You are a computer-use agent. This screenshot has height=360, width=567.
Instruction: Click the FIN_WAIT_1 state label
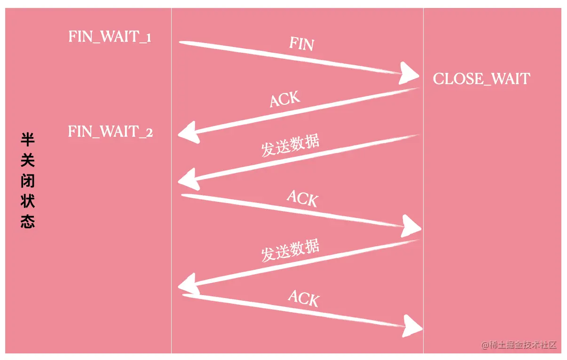110,37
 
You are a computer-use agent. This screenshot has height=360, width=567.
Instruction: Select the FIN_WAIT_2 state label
110,131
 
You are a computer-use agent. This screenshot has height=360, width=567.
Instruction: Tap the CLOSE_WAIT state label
481,78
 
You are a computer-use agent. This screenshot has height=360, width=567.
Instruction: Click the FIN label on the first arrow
301,44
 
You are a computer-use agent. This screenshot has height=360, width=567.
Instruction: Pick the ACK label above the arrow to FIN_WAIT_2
285,100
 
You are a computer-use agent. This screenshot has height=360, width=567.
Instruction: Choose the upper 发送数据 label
290,146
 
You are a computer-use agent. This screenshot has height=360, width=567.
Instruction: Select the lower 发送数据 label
290,250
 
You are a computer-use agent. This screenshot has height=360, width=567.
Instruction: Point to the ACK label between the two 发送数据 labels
302,198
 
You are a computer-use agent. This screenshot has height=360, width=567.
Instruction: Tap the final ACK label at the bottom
304,298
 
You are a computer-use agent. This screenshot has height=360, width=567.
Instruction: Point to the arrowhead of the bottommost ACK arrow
412,326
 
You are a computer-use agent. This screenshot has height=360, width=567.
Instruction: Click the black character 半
28,140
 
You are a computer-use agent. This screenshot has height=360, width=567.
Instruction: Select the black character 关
28,161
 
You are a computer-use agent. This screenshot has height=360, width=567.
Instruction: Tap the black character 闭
28,181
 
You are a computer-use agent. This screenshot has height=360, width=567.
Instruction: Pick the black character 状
28,202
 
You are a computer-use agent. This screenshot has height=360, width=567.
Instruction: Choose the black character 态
28,222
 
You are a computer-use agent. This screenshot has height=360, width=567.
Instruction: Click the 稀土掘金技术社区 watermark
519,345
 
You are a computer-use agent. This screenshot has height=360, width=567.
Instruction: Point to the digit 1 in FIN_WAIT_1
148,38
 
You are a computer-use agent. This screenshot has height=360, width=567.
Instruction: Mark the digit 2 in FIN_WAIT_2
149,133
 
